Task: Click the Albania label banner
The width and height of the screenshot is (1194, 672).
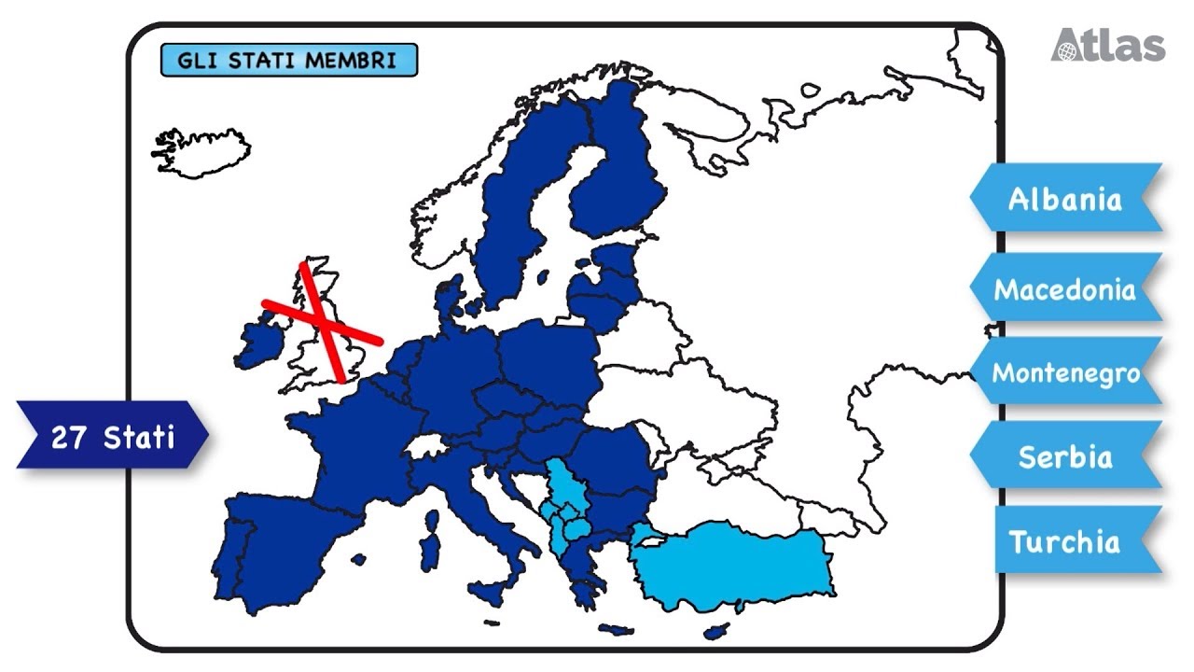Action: tap(1065, 199)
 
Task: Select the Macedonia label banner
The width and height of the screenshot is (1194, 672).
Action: tap(1065, 288)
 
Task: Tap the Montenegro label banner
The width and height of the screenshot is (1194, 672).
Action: tap(1065, 372)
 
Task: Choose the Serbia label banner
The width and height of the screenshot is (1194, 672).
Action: tap(1065, 456)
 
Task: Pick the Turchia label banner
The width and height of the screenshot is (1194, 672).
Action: tap(1065, 541)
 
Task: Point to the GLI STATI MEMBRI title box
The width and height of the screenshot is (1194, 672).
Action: tap(288, 62)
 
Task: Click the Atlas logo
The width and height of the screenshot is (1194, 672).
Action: tap(1108, 45)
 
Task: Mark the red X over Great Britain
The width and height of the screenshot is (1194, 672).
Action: tap(322, 321)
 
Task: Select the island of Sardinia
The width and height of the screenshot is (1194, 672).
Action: tap(430, 551)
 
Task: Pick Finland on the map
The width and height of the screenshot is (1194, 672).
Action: tap(620, 177)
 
